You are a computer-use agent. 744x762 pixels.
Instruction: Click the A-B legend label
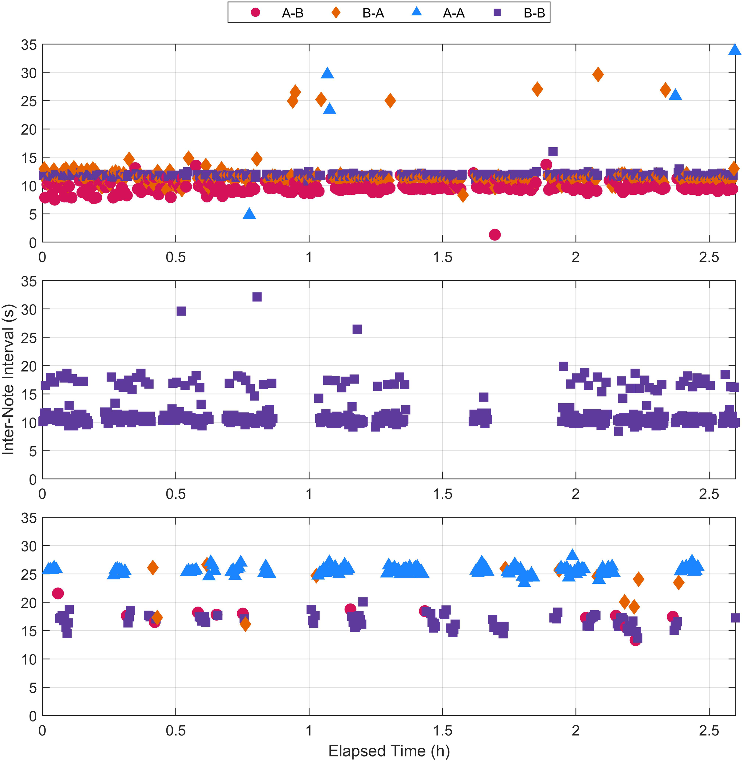point(292,13)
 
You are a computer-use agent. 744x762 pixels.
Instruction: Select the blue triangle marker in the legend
point(417,12)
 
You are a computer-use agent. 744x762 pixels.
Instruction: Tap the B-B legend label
point(534,13)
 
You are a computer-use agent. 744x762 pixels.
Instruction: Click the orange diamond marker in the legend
point(336,12)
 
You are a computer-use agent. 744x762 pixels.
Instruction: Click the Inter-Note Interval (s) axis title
point(9,379)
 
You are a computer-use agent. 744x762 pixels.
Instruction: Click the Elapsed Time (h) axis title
point(389,751)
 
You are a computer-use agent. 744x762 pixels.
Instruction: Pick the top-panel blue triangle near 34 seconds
point(735,50)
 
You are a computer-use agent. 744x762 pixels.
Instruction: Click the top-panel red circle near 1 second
point(495,235)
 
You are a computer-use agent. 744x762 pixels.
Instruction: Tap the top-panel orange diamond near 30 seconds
point(597,74)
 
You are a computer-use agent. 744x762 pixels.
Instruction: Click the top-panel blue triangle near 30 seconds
point(328,73)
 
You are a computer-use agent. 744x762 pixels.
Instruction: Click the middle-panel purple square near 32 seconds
point(257,297)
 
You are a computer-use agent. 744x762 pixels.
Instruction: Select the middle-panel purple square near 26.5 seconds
point(357,329)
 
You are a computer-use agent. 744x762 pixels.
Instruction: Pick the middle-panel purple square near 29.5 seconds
point(181,311)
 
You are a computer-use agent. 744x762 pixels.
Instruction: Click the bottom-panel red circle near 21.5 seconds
point(58,593)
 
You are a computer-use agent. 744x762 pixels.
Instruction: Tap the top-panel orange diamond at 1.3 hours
point(390,101)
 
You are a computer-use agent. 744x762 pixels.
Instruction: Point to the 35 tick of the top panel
point(29,45)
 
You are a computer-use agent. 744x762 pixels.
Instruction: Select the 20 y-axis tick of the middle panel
point(29,366)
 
